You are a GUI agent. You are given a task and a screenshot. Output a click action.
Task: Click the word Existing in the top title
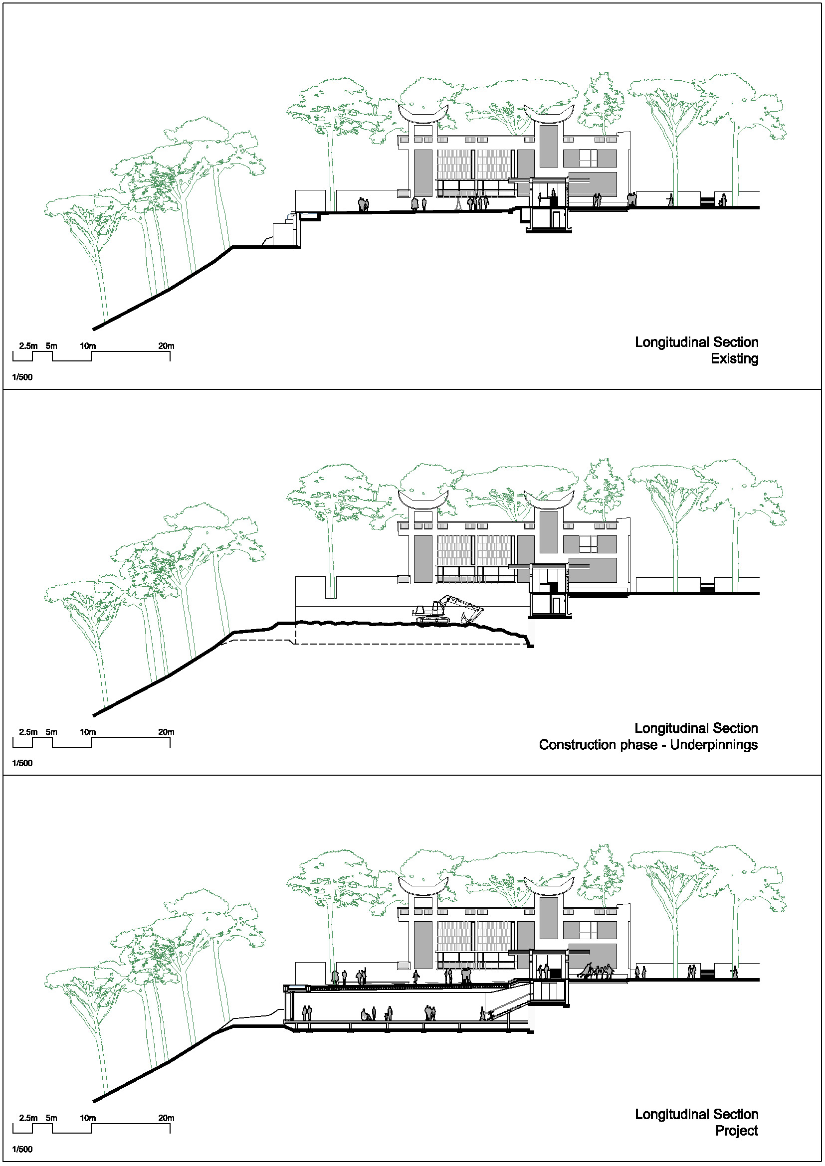pyautogui.click(x=734, y=358)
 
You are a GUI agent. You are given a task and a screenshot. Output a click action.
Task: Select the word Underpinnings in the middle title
pyautogui.click(x=714, y=745)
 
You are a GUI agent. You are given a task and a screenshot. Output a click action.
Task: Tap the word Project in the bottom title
pyautogui.click(x=737, y=1131)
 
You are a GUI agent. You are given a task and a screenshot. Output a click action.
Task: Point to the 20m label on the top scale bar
pyautogui.click(x=166, y=346)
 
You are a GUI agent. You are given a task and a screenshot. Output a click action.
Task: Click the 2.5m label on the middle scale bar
pyautogui.click(x=28, y=732)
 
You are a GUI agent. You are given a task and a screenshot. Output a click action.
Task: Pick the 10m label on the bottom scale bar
pyautogui.click(x=88, y=1118)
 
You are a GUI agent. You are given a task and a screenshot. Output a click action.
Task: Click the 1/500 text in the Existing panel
pyautogui.click(x=22, y=377)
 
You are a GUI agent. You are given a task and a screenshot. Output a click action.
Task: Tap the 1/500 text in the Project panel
pyautogui.click(x=22, y=1149)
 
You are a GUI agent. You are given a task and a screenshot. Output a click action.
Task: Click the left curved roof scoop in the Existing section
pyautogui.click(x=423, y=115)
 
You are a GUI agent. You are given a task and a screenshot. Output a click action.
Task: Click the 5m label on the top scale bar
pyautogui.click(x=51, y=346)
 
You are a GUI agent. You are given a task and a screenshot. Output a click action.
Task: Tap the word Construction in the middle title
pyautogui.click(x=598, y=745)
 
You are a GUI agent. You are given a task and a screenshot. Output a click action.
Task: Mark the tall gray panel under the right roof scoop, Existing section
pyautogui.click(x=549, y=146)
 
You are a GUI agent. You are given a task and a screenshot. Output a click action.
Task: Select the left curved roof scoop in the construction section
pyautogui.click(x=423, y=500)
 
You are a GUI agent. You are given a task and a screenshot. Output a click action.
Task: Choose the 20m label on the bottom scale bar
pyautogui.click(x=166, y=1118)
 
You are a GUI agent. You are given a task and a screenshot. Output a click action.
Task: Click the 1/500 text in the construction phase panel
pyautogui.click(x=22, y=763)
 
